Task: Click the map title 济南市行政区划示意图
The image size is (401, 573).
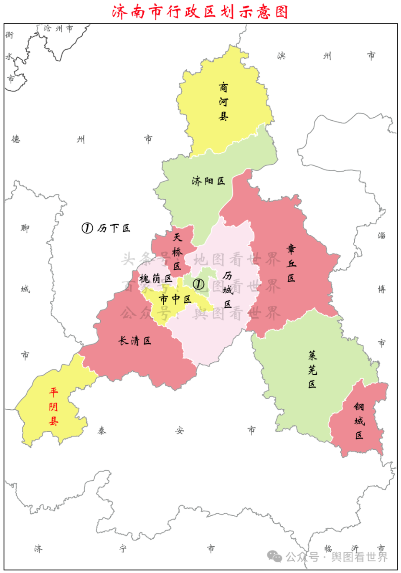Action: point(200,12)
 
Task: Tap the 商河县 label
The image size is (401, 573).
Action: point(223,101)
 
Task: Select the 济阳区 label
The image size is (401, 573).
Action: point(208,181)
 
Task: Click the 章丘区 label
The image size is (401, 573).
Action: point(291,263)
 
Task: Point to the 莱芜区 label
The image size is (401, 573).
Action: point(312,370)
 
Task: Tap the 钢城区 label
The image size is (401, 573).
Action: point(359,421)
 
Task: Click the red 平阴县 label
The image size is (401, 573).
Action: point(53,406)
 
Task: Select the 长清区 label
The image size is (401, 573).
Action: point(135,341)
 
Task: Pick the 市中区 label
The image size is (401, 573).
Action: point(175,299)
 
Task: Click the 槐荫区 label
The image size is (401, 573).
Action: point(155,278)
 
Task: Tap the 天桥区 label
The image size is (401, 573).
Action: point(178,251)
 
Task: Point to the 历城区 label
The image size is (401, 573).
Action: point(228,289)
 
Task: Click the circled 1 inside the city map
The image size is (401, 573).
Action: point(198,284)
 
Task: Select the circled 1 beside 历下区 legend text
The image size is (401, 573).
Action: point(87,228)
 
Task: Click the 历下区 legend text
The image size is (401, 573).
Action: point(114,228)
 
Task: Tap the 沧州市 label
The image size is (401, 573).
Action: point(58,28)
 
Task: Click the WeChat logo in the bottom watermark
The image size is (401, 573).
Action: point(274,556)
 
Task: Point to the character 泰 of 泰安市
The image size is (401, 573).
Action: point(102,431)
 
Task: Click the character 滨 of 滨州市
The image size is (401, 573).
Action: point(282,56)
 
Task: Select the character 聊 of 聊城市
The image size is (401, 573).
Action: point(25,228)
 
